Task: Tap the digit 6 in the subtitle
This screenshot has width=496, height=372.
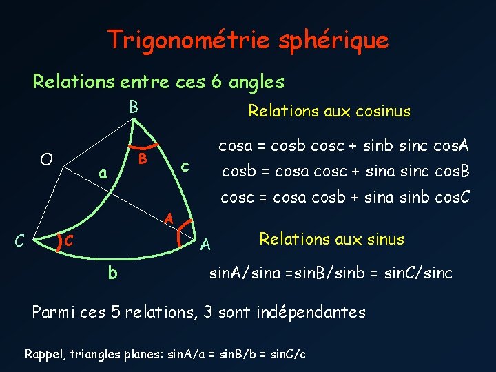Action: coord(216,82)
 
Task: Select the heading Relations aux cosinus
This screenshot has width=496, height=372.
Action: coord(329,111)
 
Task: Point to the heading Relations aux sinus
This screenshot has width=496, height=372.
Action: coord(331,240)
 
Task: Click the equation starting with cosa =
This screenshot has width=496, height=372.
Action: coord(344,146)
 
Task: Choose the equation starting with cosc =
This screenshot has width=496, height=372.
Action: coord(345,198)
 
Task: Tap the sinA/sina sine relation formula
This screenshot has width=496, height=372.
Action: coord(331,273)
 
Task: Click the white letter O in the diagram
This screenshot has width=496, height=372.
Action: coord(46,160)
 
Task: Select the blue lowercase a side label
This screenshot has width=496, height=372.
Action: coord(102,174)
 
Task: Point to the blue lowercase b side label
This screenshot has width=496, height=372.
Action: coord(112,273)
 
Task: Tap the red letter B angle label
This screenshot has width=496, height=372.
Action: coord(143,159)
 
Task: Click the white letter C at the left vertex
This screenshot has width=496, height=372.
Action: coord(21,240)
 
